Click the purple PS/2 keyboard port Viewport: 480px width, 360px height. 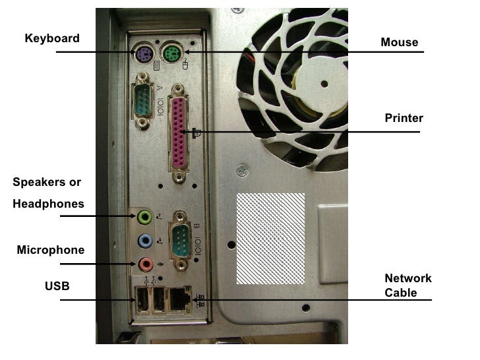click(142, 53)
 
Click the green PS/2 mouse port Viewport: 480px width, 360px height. click(172, 53)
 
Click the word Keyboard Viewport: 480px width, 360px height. click(52, 38)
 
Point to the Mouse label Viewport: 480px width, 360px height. click(399, 42)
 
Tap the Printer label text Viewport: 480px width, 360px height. click(404, 118)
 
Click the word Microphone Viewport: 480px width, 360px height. click(51, 250)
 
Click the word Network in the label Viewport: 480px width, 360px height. click(408, 278)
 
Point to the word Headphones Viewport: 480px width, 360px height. click(48, 204)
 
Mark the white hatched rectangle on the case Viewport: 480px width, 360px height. click(270, 238)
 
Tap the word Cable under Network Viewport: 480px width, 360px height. click(400, 293)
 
